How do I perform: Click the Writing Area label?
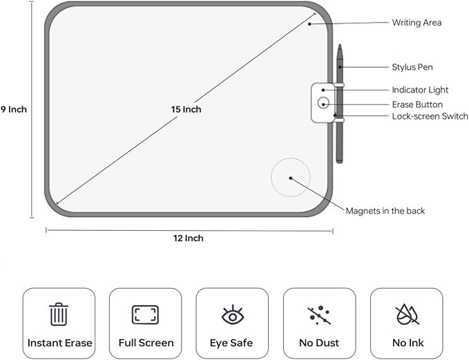coord(417,23)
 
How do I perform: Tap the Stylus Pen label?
coord(412,67)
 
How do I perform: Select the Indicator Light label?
coord(420,90)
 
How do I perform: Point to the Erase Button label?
coord(417,104)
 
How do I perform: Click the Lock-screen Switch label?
coord(430,116)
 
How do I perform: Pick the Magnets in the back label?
coord(385,211)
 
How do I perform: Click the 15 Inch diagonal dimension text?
coord(186,109)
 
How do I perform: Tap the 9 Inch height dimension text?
coord(13,109)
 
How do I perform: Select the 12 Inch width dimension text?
coord(189,238)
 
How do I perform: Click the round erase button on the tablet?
coord(323,104)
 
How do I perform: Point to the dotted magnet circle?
coord(290,178)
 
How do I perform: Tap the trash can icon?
coord(59,314)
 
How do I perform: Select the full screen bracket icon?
coord(146,315)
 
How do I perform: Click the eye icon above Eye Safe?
coord(232,315)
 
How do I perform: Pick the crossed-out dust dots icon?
coord(319,316)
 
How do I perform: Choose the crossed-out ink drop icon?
coord(406,315)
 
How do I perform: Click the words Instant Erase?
coord(59,343)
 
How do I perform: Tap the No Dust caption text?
coord(319,343)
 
